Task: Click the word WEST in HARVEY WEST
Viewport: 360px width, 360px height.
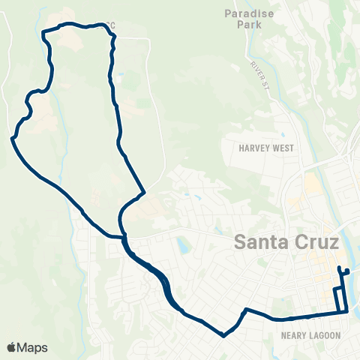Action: coord(283,148)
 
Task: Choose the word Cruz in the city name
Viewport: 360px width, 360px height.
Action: coord(317,242)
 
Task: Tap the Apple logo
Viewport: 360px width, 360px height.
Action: coord(12,347)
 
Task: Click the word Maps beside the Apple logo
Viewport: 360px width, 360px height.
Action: coord(32,347)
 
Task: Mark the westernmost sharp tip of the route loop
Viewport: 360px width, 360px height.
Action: coord(13,138)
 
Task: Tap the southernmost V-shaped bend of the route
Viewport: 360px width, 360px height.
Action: coord(223,335)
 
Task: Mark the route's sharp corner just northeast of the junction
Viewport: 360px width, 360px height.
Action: coord(143,191)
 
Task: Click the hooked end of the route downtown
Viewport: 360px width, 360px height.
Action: coord(347,270)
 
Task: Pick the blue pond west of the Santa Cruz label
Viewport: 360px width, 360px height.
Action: coord(182,245)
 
